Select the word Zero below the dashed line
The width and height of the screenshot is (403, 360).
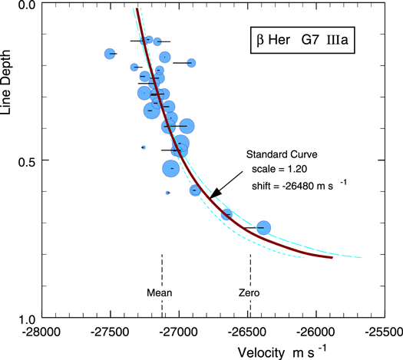tap(249, 292)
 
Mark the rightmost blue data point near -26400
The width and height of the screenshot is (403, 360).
tap(263, 227)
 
